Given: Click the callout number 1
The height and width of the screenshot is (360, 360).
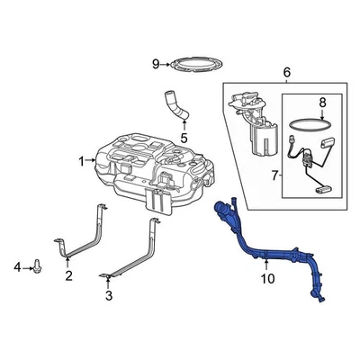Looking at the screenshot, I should coord(80,161).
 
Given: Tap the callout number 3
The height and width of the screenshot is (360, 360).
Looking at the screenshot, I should coord(109,294).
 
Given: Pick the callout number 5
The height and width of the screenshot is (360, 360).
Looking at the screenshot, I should coord(183,139).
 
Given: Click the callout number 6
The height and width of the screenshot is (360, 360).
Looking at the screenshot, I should coord(286,72).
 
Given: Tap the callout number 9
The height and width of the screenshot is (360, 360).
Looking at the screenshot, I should coord(155,63).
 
